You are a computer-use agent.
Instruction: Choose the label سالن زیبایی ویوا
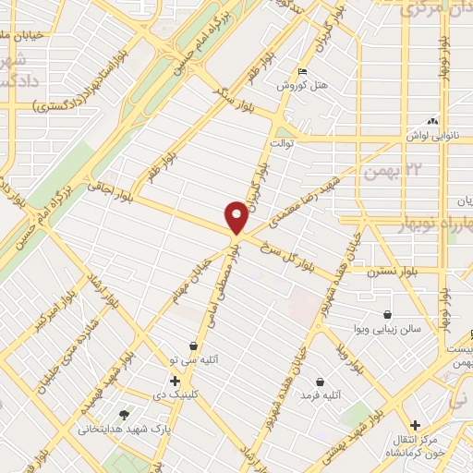pyautogui.click(x=387, y=328)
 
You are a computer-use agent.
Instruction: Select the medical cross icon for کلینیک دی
pyautogui.click(x=175, y=380)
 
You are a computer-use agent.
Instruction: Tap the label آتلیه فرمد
pyautogui.click(x=320, y=395)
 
